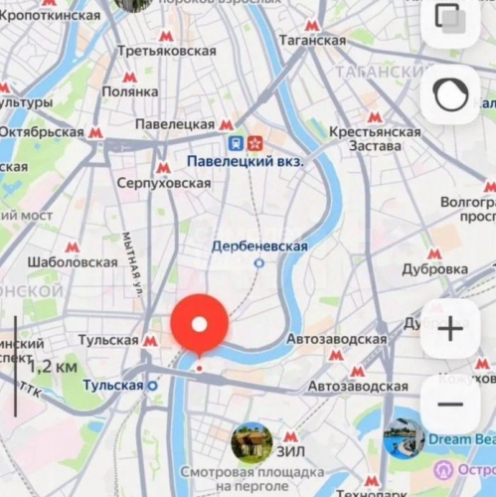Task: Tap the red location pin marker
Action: pyautogui.click(x=199, y=325)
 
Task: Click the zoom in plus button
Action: pyautogui.click(x=450, y=328)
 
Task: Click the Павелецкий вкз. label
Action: pyautogui.click(x=245, y=160)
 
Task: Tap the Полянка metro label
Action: pyautogui.click(x=130, y=90)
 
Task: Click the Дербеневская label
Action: pyautogui.click(x=259, y=247)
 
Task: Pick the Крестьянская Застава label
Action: pyautogui.click(x=375, y=139)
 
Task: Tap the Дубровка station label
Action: pyautogui.click(x=434, y=268)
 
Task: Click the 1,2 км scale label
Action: pyautogui.click(x=54, y=367)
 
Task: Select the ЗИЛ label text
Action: pyautogui.click(x=289, y=436)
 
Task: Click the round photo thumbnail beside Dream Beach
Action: pyautogui.click(x=405, y=438)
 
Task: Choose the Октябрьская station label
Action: pyautogui.click(x=41, y=132)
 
